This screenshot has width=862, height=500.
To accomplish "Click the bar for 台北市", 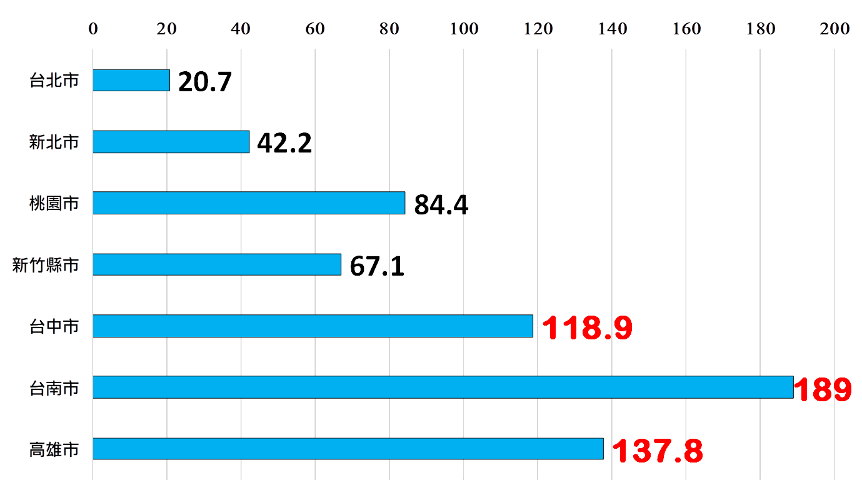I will (131, 80).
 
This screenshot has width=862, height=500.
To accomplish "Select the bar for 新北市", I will (171, 142).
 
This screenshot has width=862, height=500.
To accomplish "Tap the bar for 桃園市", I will (249, 203).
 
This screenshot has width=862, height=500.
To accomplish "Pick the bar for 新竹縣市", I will (217, 264).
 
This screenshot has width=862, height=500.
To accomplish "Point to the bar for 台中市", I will (313, 326).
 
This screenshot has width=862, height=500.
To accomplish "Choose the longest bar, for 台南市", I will (443, 387).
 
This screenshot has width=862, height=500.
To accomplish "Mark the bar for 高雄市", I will (348, 449).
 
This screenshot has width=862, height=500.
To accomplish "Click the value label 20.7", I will (205, 82).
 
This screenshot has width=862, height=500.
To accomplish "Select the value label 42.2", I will (284, 143).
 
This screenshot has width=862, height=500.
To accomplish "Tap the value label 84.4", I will (441, 205).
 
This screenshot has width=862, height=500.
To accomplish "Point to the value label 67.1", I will (377, 266).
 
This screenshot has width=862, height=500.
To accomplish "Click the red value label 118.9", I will (587, 328).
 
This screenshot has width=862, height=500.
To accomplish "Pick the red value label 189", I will (823, 390).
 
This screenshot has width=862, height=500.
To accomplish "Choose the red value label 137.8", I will (657, 451).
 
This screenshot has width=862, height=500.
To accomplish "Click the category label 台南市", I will (54, 388).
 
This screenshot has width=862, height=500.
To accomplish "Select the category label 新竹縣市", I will (46, 265).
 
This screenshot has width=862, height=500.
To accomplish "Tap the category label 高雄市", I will (54, 449).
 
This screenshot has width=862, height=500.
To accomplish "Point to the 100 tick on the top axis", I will (464, 29).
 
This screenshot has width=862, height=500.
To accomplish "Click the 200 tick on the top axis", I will (834, 29).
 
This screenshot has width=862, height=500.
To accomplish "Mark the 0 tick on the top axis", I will (93, 29).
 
